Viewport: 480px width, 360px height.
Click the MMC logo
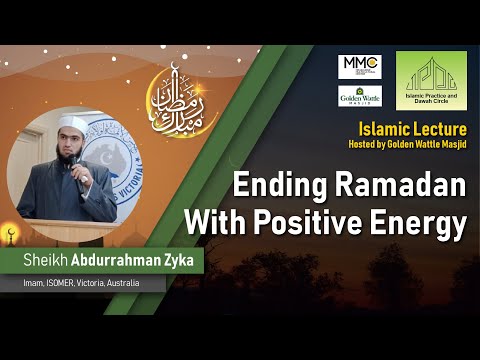[x=359, y=67]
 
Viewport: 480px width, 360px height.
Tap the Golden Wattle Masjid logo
[x=359, y=97]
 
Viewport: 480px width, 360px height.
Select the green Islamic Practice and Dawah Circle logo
[x=431, y=80]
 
